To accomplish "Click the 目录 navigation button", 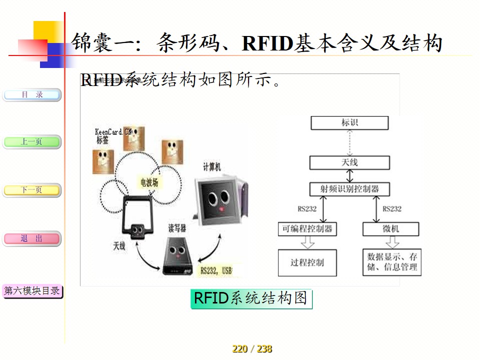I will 32,94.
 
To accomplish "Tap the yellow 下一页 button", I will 32,190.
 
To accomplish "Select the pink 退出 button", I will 32,238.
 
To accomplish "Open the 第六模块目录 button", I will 32,290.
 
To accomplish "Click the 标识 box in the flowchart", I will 349,122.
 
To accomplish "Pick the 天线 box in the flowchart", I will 349,162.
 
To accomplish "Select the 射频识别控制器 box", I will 349,189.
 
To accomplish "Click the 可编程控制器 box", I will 307,229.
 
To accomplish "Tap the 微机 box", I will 390,229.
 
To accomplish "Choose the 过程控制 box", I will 307,262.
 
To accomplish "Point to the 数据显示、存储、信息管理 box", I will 392,262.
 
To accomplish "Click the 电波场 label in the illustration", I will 149,182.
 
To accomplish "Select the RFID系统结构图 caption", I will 251,298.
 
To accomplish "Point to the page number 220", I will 240,349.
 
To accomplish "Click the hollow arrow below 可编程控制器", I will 307,242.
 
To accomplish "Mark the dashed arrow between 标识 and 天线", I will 349,142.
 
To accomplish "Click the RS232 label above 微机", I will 392,209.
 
